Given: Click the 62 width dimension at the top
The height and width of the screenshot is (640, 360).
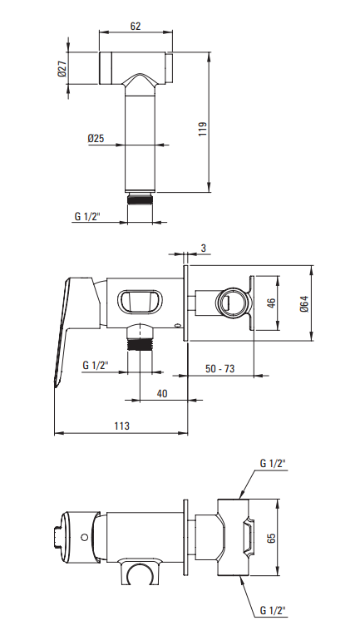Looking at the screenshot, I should tap(136, 26).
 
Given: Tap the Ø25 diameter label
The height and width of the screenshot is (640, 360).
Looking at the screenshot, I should tap(97, 139).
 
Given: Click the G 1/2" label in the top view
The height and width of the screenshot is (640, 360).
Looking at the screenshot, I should tap(87, 217).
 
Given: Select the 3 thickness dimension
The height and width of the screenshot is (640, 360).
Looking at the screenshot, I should tap(203, 248).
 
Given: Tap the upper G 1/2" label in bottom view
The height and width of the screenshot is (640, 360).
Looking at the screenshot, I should tap(272, 462).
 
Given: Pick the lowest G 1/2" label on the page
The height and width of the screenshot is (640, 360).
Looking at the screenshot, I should tap(272, 611).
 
